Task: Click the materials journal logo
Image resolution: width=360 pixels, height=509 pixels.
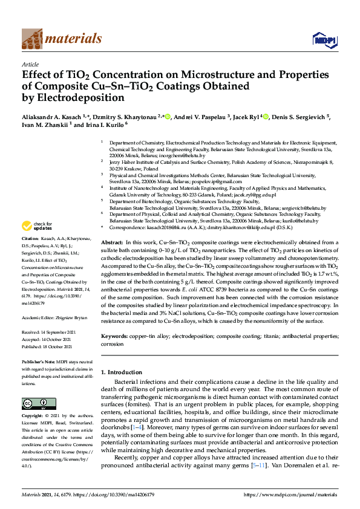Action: [x=61, y=39]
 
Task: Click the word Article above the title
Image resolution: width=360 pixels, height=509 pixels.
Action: [x=30, y=63]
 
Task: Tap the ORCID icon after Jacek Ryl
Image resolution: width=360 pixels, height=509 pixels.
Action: [x=266, y=117]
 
